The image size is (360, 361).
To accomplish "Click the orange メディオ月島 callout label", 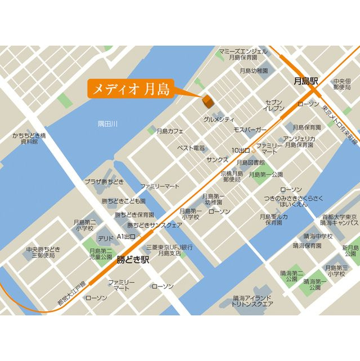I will coord(129,89).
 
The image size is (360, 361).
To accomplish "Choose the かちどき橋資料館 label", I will coord(29,139).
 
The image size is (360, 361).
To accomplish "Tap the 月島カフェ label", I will coord(170,131).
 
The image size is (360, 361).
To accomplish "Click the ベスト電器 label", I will coord(191,148).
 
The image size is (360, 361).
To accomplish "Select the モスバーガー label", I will coord(250,130).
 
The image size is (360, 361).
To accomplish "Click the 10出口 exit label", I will coord(241,151).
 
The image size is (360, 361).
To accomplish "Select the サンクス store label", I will coord(217,160).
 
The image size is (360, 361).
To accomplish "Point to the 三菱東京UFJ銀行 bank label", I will coord(170,250).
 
